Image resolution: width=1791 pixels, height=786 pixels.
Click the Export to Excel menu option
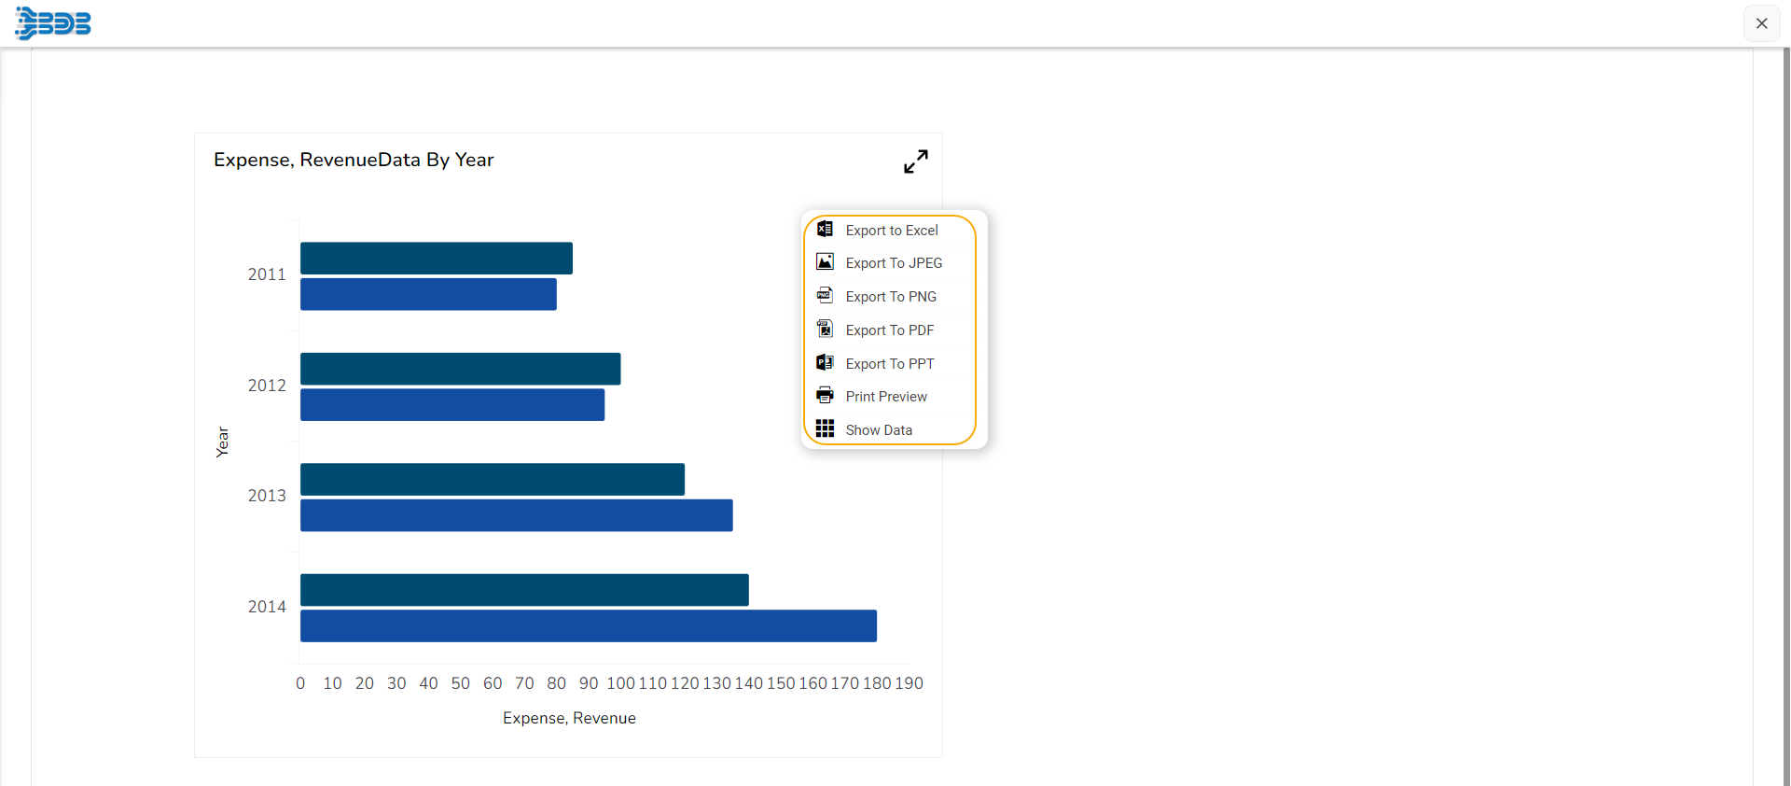click(x=891, y=231)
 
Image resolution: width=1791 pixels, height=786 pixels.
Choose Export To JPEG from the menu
click(x=893, y=263)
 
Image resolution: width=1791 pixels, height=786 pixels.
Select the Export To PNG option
click(x=890, y=297)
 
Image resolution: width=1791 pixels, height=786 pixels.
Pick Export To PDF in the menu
click(x=889, y=330)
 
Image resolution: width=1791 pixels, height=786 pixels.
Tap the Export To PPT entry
click(x=889, y=364)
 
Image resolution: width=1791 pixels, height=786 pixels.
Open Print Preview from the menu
click(x=885, y=397)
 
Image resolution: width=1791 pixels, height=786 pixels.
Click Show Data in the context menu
click(x=878, y=430)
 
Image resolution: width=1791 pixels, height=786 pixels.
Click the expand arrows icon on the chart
click(x=916, y=161)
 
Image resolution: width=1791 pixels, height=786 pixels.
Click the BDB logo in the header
click(x=53, y=22)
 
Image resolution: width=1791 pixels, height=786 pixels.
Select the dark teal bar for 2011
click(x=436, y=259)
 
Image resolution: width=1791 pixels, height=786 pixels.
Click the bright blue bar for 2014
click(x=588, y=626)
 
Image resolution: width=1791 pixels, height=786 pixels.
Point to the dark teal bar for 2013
click(x=492, y=480)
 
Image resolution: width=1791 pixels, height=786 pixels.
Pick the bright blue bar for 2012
click(x=451, y=405)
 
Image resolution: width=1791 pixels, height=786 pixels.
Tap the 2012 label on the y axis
click(x=267, y=386)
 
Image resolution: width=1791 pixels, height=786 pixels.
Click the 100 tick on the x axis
click(x=620, y=683)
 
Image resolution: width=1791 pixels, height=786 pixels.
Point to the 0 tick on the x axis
click(x=300, y=683)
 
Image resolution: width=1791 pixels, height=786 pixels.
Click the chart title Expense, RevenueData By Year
click(x=354, y=160)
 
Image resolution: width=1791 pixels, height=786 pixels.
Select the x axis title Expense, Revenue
click(x=569, y=718)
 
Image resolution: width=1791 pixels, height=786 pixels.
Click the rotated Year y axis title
click(x=222, y=442)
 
